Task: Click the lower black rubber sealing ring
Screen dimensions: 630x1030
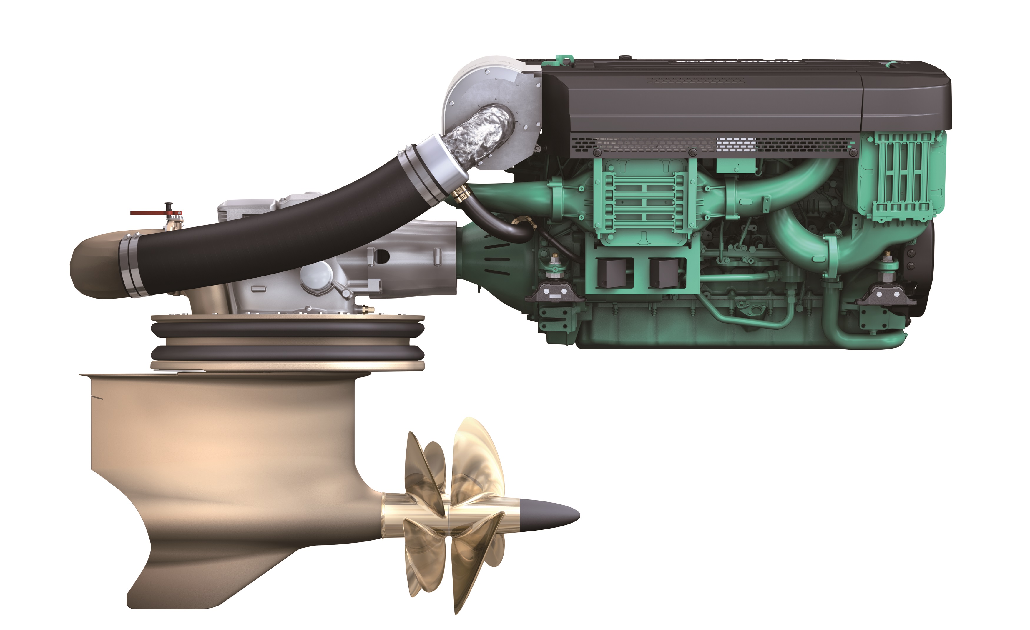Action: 288,353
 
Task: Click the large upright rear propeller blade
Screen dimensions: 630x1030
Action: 476,459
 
